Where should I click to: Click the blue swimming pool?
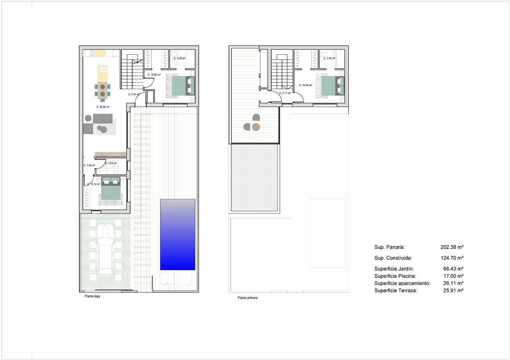pos(178,234)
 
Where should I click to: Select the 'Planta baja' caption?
pos(92,297)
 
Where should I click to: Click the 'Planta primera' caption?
pos(248,298)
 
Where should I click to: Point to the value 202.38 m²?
pos(451,247)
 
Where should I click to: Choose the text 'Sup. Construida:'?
pos(393,258)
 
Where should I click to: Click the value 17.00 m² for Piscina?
pos(451,276)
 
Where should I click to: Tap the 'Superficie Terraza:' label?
pos(395,291)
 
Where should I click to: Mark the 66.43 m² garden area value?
pos(451,268)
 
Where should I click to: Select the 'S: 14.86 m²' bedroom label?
pos(306,85)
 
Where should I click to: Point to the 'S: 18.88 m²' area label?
pos(154,75)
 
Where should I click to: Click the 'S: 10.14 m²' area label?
pos(93,184)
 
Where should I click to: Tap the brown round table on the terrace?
pos(255,127)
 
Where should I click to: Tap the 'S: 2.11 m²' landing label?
pos(285,93)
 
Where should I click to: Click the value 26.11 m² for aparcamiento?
pos(451,283)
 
